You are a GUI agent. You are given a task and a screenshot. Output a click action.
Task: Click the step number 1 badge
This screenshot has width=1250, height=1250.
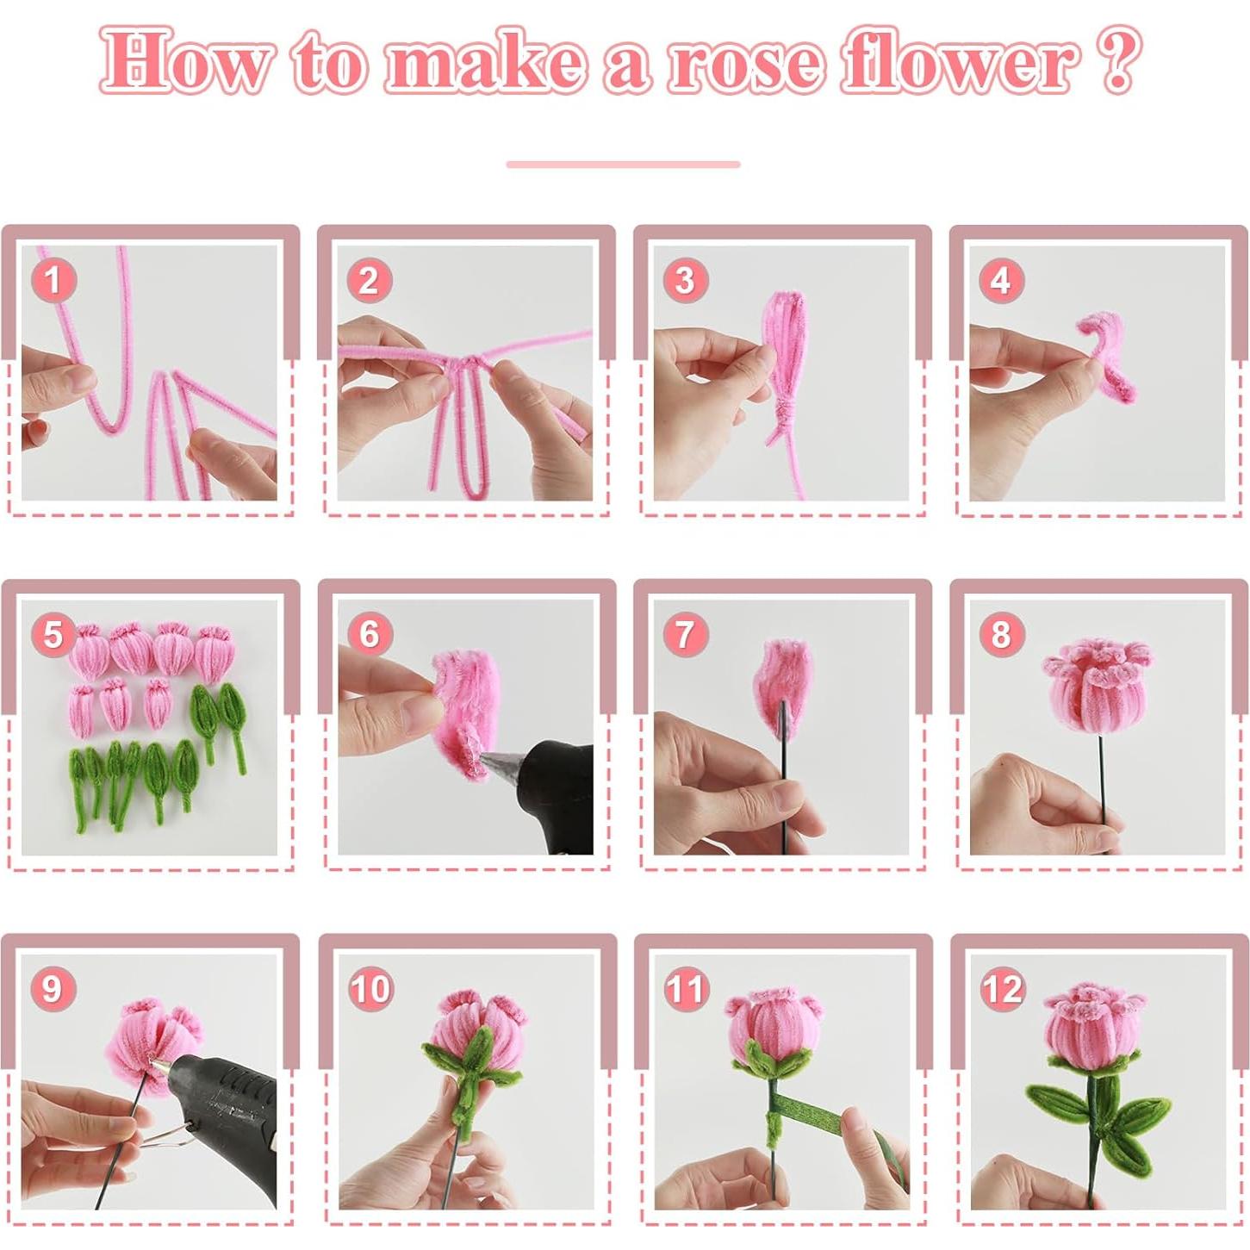(53, 280)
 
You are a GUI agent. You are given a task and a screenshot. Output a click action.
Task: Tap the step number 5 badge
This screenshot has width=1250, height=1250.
(53, 634)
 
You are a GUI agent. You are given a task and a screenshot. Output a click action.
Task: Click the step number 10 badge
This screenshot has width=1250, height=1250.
(370, 990)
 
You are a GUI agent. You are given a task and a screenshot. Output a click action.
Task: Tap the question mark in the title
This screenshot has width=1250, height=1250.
(1116, 59)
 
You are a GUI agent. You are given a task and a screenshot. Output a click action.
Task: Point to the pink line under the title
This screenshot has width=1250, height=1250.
(623, 165)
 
